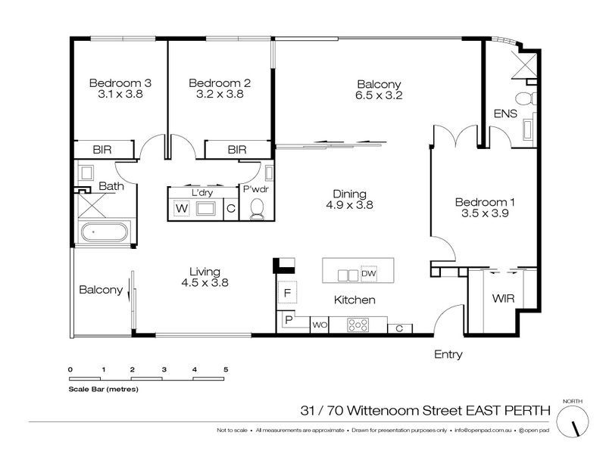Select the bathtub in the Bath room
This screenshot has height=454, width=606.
pyautogui.click(x=105, y=233)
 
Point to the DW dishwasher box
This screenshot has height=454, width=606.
pyautogui.click(x=368, y=273)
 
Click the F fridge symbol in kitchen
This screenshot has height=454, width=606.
pyautogui.click(x=288, y=292)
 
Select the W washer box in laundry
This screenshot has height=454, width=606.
pyautogui.click(x=182, y=208)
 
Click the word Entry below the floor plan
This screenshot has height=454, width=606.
pyautogui.click(x=448, y=354)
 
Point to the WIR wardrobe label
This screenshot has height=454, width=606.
pyautogui.click(x=504, y=299)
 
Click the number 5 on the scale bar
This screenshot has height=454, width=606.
pyautogui.click(x=226, y=368)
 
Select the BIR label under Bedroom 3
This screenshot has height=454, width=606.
pyautogui.click(x=103, y=150)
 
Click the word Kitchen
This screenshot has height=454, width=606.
pyautogui.click(x=355, y=300)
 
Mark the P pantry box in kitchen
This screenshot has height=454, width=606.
pyautogui.click(x=289, y=321)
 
